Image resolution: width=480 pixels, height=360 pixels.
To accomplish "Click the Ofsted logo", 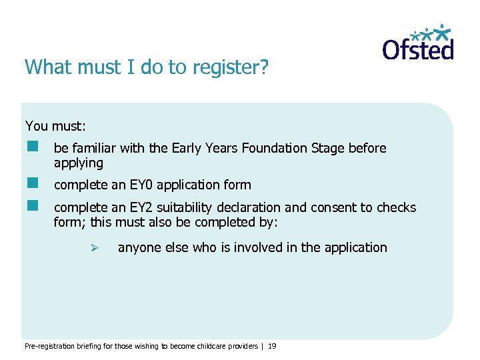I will coord(417,43).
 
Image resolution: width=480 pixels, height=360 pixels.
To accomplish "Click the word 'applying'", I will coord(79,163).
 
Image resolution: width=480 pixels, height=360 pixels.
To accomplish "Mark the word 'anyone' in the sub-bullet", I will coord(139,247).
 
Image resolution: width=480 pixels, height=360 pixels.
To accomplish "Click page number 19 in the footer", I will coord(272,346).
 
